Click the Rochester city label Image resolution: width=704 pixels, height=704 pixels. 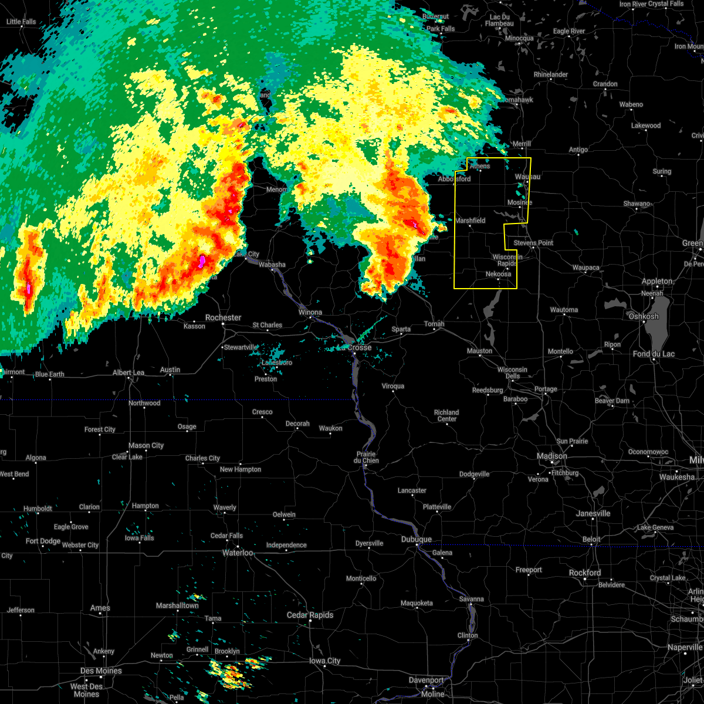click(x=223, y=317)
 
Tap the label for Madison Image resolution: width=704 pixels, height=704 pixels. click(x=552, y=456)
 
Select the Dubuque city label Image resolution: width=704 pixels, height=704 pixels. click(x=417, y=539)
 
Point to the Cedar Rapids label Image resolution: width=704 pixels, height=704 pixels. click(x=310, y=615)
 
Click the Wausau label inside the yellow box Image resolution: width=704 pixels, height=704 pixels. click(x=527, y=177)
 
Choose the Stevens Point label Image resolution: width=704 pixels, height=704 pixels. click(x=533, y=243)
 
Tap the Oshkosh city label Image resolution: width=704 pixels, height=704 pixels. click(x=644, y=316)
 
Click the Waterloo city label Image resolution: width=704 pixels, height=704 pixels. click(x=237, y=553)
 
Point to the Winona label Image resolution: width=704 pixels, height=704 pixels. click(x=310, y=312)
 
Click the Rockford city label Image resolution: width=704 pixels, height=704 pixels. click(x=585, y=573)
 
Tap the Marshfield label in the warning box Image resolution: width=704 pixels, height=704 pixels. click(x=471, y=221)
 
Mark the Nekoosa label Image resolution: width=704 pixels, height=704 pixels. click(x=498, y=274)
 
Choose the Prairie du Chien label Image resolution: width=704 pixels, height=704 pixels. click(x=365, y=458)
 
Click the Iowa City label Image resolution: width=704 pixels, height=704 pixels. click(x=325, y=661)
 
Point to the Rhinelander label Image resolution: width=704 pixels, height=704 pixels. click(x=551, y=75)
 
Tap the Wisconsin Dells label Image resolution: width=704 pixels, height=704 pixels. click(x=512, y=373)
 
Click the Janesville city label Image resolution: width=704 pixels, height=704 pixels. click(x=593, y=513)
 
